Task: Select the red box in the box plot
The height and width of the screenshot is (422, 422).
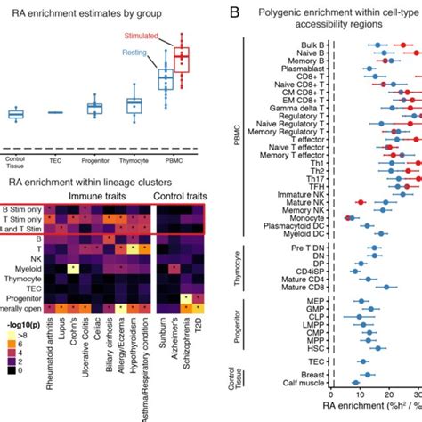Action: (182, 60)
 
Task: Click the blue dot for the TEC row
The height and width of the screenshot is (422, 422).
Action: (362, 361)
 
